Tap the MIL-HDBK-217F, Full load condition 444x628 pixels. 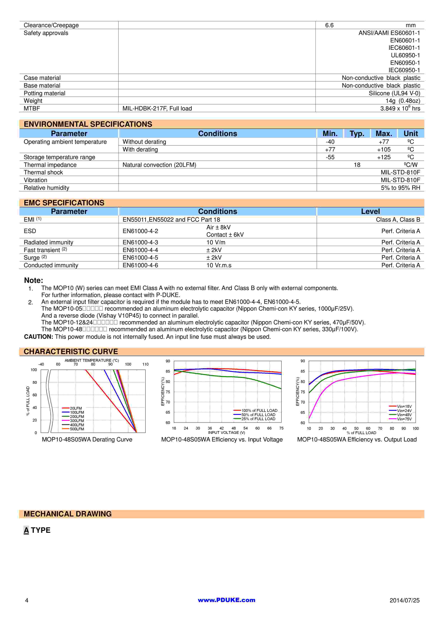157,108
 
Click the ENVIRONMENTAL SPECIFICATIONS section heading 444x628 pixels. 88,124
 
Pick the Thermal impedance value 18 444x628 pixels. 357,165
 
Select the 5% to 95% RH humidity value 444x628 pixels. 400,188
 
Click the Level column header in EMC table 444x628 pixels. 370,211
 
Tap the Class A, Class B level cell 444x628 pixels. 398,220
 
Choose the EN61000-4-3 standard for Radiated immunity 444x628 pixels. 140,242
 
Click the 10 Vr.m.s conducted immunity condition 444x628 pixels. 219,265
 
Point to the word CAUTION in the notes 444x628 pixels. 38,337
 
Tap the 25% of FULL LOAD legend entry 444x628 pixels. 258,419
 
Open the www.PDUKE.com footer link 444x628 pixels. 226,600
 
